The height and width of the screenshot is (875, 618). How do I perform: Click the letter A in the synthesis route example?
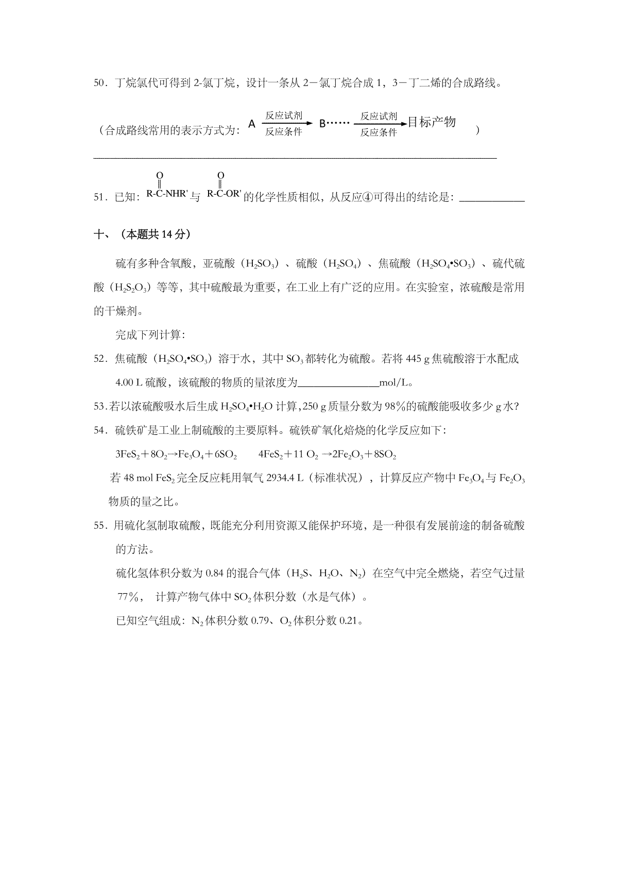tap(252, 124)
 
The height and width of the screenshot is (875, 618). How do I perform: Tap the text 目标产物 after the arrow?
tap(432, 123)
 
